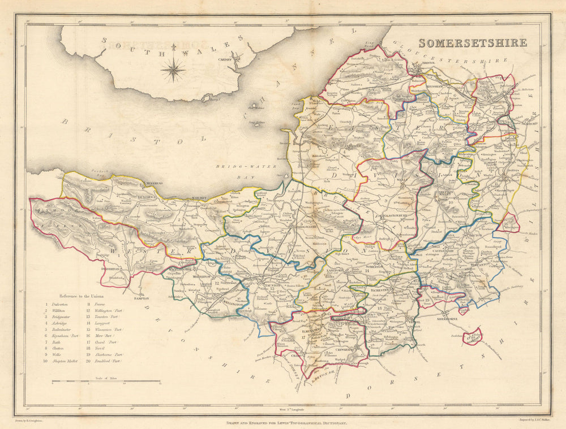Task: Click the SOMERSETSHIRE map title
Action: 473,43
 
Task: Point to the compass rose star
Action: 173,70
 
